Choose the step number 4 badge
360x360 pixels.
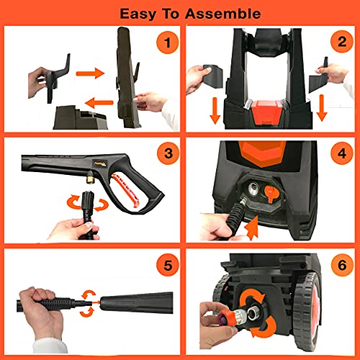point(337,155)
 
